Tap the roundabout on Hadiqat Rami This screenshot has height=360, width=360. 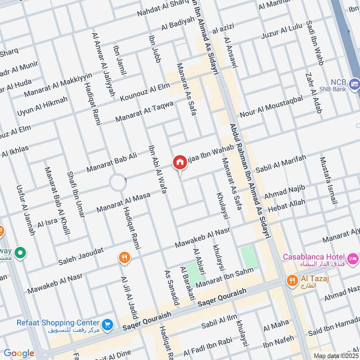click(x=118, y=183)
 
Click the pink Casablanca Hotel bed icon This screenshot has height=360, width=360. click(x=353, y=258)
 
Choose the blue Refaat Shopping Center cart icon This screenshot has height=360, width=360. click(x=107, y=324)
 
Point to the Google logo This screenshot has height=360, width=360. click(x=19, y=353)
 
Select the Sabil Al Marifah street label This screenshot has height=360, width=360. click(x=280, y=164)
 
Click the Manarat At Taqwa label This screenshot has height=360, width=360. click(x=144, y=112)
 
